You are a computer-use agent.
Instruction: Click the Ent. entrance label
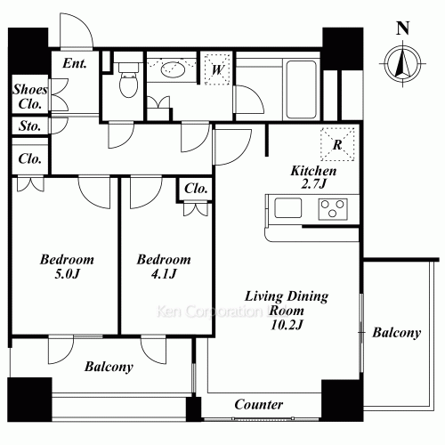pos(75,63)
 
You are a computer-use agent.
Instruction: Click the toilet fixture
pos(126,83)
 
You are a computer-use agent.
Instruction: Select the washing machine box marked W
pos(217,69)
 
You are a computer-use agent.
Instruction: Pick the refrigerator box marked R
pos(338,142)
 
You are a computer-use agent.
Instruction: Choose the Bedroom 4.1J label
pos(165,267)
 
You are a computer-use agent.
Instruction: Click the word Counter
pos(258,404)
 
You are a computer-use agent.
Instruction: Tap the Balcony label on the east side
pos(396,333)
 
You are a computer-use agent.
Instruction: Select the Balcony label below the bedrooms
pos(109,367)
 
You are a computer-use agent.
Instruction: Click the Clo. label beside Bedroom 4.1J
pos(194,189)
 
